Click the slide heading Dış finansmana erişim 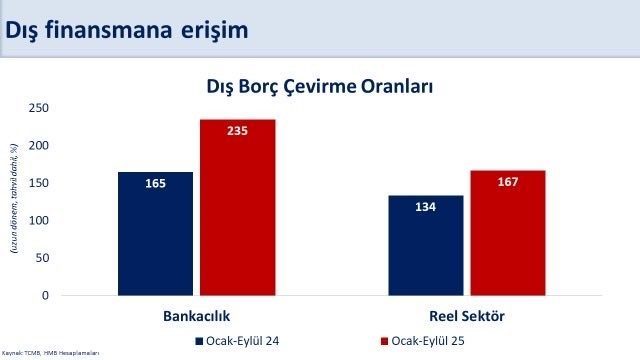click(126, 29)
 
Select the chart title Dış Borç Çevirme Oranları click(319, 87)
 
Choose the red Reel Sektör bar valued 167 click(508, 232)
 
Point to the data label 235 click(237, 131)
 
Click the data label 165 click(155, 183)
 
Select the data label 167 click(508, 182)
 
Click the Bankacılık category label click(197, 316)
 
